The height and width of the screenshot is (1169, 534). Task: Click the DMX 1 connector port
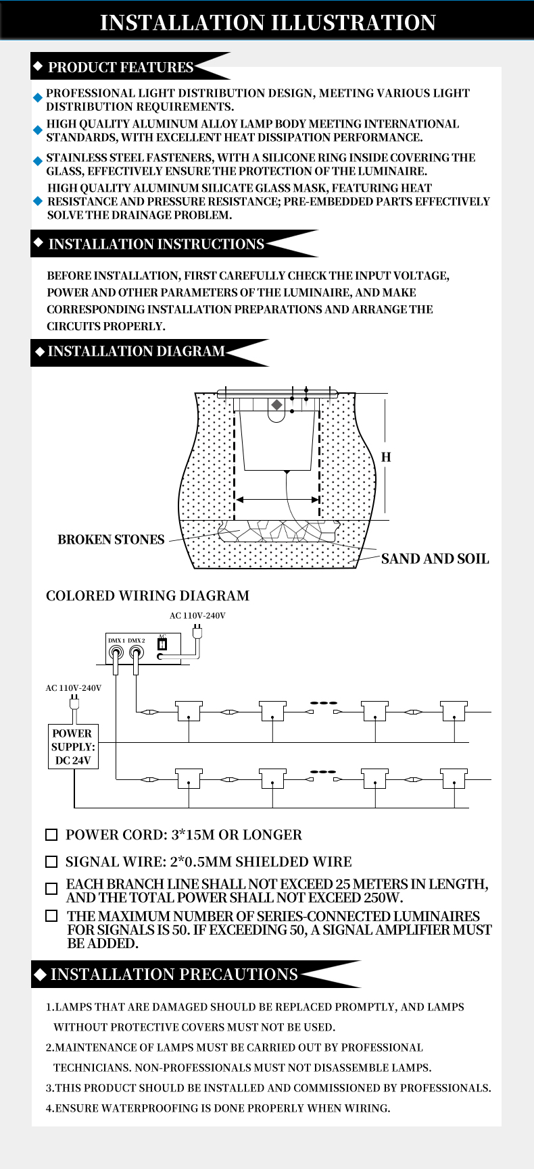(x=116, y=653)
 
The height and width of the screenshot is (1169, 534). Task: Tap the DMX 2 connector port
(x=137, y=653)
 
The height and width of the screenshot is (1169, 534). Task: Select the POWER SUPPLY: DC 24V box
(x=73, y=746)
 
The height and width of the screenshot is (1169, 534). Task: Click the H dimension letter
(x=386, y=457)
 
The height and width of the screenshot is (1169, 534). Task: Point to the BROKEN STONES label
(x=111, y=540)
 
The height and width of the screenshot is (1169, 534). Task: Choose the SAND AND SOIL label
(x=435, y=558)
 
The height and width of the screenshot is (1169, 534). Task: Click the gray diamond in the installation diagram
(x=276, y=405)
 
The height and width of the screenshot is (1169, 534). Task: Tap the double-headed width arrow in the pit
(x=277, y=500)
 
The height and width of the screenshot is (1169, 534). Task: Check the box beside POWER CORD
(x=51, y=835)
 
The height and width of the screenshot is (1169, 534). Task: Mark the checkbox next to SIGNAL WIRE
(x=51, y=862)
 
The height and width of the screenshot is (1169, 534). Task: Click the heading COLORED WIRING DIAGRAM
(x=147, y=596)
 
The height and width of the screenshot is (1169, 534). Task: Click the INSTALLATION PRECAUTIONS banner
(x=196, y=974)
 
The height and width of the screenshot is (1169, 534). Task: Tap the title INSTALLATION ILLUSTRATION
(x=268, y=22)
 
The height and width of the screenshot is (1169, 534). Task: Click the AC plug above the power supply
(x=74, y=702)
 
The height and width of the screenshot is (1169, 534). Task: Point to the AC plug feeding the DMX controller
(x=197, y=631)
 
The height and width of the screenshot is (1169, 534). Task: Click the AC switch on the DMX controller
(x=162, y=644)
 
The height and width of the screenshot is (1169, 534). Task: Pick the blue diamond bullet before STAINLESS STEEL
(x=38, y=161)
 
